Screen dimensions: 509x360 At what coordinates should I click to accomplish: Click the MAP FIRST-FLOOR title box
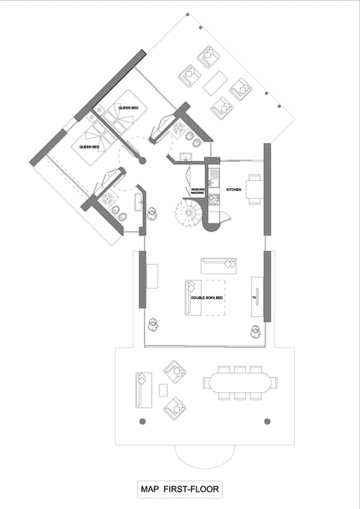coord(179,490)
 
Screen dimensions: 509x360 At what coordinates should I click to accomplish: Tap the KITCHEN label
coord(233,190)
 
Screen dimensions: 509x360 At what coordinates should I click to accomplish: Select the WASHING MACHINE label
coord(197,192)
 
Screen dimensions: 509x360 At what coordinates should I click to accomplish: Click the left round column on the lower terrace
coord(142,421)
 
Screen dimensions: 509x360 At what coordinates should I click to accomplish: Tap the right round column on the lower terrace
coord(267,421)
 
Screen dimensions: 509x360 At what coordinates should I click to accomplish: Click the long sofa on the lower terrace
coord(140,389)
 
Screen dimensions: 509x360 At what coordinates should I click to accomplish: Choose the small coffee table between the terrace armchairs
coord(163,390)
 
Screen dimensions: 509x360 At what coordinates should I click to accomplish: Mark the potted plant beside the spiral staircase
coord(152,214)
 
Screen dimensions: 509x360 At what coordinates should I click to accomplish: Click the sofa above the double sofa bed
coord(218,265)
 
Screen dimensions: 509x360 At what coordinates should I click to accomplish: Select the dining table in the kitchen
coord(253,189)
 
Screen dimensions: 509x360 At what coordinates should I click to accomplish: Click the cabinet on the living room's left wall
coord(151,276)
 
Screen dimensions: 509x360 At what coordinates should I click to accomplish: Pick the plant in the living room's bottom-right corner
coord(255,330)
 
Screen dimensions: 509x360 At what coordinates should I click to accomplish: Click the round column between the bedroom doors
coord(144,160)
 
